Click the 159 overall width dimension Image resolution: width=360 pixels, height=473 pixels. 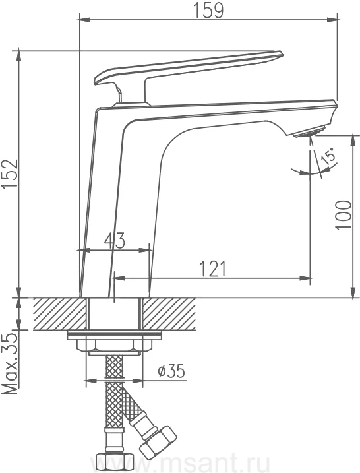tap(208, 10)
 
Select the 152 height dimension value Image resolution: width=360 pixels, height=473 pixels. tap(10, 174)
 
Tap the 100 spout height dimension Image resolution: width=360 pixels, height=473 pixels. tap(344, 214)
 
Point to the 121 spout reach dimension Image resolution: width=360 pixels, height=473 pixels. tap(213, 269)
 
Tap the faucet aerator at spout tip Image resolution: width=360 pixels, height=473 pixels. tap(308, 133)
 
